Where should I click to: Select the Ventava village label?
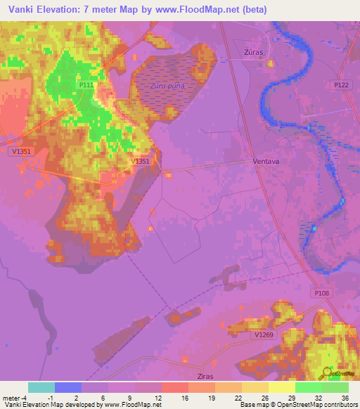(266, 161)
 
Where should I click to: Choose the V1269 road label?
(264, 335)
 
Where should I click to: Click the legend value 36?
(345, 398)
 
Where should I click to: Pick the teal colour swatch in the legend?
(41, 387)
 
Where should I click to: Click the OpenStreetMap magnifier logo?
(328, 371)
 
